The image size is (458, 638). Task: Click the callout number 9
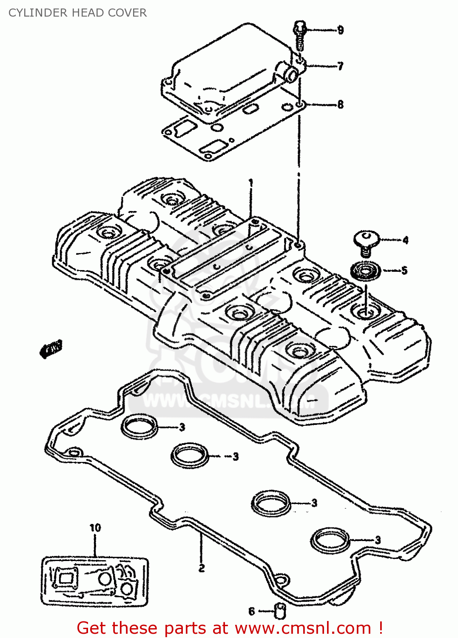click(340, 30)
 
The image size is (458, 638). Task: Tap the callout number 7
click(340, 66)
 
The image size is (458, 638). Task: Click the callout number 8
click(340, 104)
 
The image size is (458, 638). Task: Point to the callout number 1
click(251, 183)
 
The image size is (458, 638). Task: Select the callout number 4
click(405, 240)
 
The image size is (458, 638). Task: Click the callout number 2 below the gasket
click(202, 567)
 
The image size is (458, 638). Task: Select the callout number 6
click(251, 611)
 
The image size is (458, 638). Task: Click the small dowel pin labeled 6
click(280, 612)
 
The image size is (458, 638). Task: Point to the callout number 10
click(95, 528)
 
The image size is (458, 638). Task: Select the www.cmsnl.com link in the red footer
click(303, 628)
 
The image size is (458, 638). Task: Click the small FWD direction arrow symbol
click(51, 348)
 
